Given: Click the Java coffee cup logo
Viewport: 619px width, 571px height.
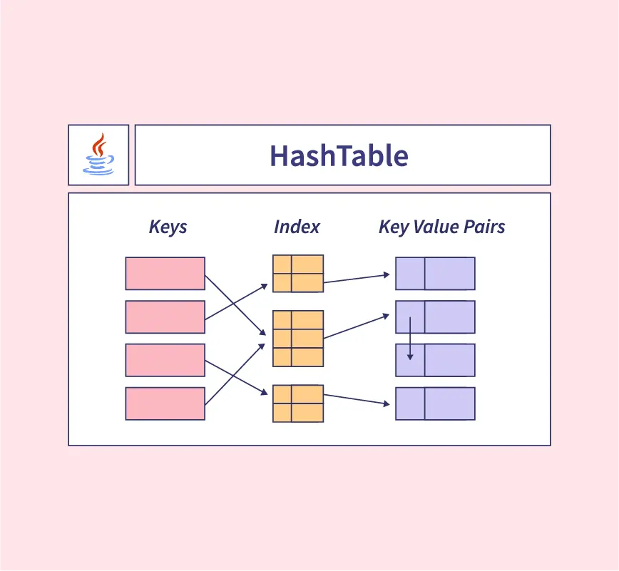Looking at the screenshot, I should coord(98,155).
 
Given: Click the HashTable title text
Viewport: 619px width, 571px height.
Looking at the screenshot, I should coord(339,155).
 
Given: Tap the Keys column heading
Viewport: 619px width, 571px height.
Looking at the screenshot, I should coord(168,227).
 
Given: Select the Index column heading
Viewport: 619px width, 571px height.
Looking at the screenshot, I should coord(297,227).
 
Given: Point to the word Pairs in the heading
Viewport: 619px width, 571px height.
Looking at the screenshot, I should coord(483,227).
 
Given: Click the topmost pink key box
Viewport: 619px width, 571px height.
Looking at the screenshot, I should coord(165,273).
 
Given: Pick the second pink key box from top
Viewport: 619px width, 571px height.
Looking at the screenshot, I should coord(165,317).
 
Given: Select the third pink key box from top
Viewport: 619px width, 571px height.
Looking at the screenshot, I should coord(165,360).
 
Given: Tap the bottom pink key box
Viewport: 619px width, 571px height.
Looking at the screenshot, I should coord(165,403).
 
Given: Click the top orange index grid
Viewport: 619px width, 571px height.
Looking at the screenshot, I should coord(298,273).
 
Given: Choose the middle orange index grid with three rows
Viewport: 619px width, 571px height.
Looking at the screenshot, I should coord(298,339).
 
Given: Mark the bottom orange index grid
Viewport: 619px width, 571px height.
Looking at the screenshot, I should coord(298,403).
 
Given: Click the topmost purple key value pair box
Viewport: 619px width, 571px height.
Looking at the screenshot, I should coord(435,273).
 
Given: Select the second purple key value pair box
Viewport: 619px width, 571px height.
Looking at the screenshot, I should coord(435,317).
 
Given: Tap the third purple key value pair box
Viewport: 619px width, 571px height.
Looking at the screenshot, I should coord(435,360).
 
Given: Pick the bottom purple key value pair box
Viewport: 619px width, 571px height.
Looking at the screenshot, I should coord(435,403).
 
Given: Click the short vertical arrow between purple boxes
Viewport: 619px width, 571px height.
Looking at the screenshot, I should coord(410,338).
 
